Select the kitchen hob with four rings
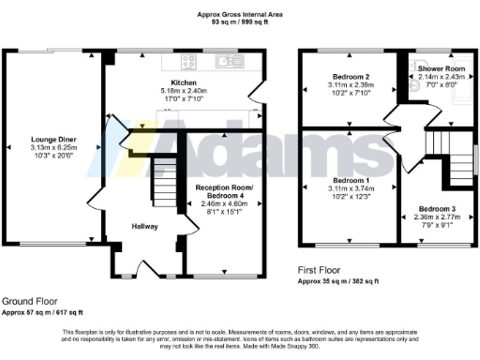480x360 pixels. tap(186, 63)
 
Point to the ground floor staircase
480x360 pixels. tap(163, 184)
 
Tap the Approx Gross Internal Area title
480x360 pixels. tap(238, 13)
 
